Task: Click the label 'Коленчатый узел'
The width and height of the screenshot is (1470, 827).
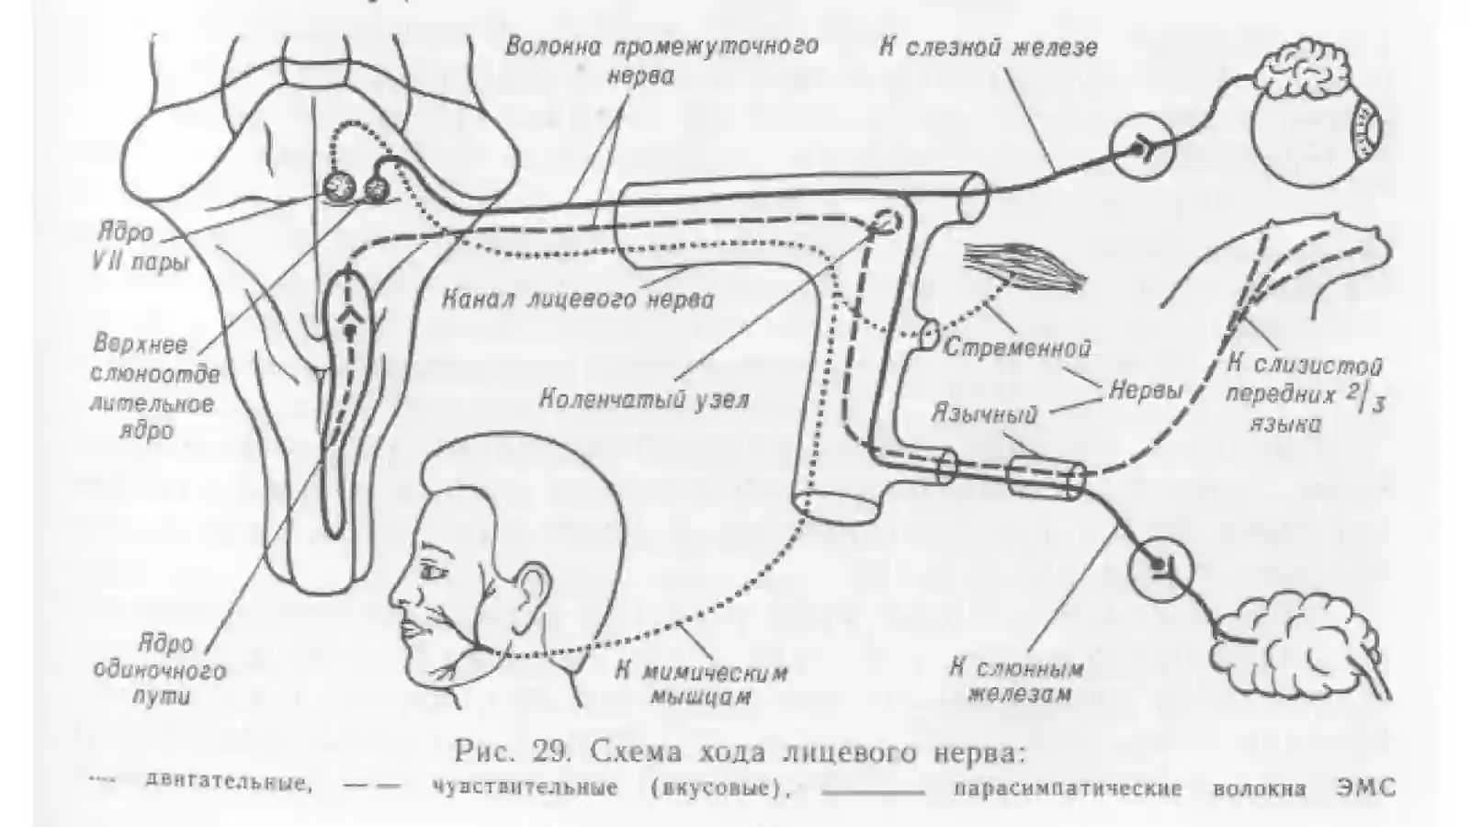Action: [x=644, y=399]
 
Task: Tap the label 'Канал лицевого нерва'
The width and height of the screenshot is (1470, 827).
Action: [x=578, y=300]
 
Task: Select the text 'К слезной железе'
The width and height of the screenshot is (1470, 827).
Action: [x=988, y=48]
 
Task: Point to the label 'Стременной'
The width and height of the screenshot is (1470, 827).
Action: [x=1016, y=347]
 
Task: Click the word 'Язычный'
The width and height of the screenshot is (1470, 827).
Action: [x=984, y=413]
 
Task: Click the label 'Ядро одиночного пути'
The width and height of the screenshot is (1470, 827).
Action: [x=160, y=670]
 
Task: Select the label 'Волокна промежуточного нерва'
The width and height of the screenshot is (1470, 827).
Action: [x=661, y=61]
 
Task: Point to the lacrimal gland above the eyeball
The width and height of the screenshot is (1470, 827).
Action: [x=1303, y=74]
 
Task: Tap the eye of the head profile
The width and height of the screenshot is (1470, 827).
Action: [x=433, y=573]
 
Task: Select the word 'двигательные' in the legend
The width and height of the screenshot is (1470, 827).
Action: [x=227, y=785]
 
